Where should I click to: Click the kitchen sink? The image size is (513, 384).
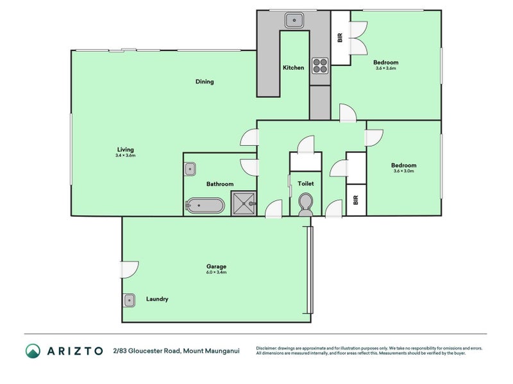[x=294, y=20]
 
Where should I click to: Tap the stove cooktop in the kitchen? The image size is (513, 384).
[x=319, y=65]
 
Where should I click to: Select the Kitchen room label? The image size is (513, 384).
[x=293, y=68]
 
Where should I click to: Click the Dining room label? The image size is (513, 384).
[x=205, y=81]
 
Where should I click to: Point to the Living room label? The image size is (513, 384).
[x=125, y=150]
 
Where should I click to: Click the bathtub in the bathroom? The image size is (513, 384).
[x=205, y=206]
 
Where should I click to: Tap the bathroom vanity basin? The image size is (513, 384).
[x=190, y=170]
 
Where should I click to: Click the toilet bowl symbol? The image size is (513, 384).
[x=306, y=204]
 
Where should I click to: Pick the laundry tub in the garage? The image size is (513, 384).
[x=130, y=300]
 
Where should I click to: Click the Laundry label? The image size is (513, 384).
[x=157, y=299]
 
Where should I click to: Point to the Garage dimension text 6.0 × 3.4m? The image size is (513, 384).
[x=216, y=273]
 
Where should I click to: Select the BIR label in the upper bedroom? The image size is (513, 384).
[x=340, y=37]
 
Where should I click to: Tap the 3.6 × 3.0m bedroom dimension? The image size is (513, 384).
[x=403, y=172]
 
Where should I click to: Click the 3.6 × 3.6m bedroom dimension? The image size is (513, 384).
[x=385, y=68]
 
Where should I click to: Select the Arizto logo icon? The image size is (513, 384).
[x=33, y=351]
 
